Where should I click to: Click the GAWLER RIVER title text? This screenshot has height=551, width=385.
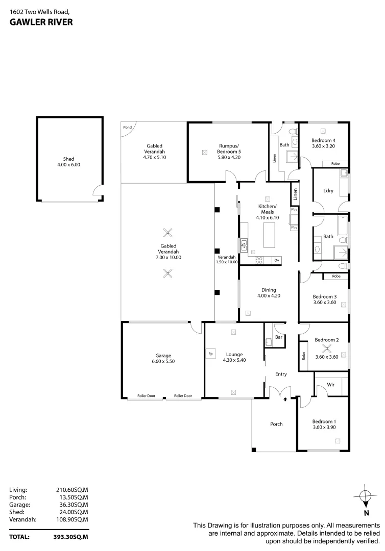[41, 22]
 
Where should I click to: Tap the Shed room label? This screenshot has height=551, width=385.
[68, 159]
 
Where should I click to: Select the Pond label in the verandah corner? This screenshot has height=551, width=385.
[127, 127]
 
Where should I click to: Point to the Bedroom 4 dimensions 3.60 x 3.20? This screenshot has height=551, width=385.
[324, 146]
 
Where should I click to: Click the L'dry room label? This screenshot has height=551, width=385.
[328, 191]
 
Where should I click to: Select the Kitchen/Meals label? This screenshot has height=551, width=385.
[266, 209]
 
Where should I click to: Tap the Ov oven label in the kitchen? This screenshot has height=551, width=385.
[276, 261]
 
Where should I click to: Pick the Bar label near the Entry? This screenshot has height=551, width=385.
[279, 337]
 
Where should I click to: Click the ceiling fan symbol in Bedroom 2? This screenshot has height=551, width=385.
[327, 349]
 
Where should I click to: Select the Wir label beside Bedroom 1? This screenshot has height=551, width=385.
[330, 386]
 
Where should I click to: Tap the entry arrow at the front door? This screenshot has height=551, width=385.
[285, 399]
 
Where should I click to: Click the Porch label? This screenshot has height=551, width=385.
[276, 424]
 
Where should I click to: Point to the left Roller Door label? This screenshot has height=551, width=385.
[147, 396]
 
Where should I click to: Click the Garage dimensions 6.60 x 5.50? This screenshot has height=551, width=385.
[163, 361]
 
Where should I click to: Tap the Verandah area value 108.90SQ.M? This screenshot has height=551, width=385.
[72, 519]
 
